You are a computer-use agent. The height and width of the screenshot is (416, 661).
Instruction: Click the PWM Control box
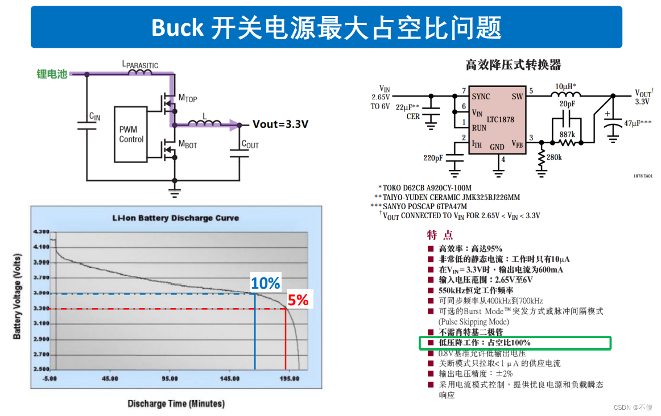[131, 134]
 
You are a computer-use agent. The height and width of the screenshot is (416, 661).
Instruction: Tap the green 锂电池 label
[52, 74]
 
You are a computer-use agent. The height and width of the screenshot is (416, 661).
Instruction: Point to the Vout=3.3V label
[280, 124]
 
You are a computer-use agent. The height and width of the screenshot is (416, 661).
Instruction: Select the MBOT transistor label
[188, 145]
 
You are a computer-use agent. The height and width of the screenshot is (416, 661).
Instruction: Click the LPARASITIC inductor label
[140, 65]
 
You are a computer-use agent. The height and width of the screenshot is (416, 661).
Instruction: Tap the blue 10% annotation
[266, 283]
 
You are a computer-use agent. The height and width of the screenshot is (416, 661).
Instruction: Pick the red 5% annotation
[298, 300]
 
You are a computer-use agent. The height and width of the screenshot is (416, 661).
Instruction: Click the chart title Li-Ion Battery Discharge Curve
[175, 218]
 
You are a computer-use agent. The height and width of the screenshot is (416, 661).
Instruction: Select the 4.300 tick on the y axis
[42, 232]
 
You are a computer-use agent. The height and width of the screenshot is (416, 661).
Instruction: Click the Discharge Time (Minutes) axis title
[176, 403]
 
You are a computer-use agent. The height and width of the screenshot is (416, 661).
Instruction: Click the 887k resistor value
[567, 134]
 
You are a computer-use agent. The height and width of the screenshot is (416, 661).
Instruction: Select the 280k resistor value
[554, 157]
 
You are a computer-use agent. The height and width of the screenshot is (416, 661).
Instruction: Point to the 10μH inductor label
[565, 86]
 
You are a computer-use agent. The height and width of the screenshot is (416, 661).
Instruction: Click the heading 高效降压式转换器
[513, 65]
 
